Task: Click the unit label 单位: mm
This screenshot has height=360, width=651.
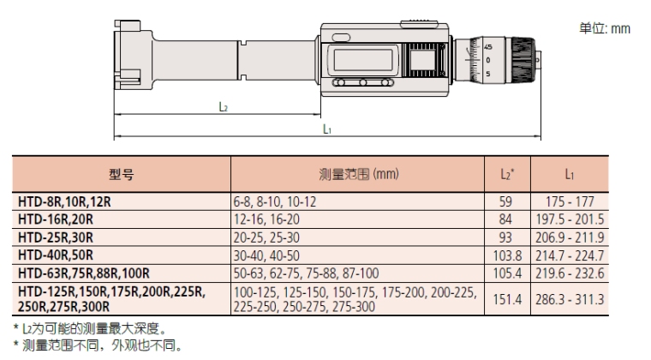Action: point(605,28)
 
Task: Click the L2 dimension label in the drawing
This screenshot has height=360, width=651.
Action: point(222,107)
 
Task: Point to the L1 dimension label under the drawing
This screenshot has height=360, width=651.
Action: point(327,129)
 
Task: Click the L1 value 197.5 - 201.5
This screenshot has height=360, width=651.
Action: point(568,220)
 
